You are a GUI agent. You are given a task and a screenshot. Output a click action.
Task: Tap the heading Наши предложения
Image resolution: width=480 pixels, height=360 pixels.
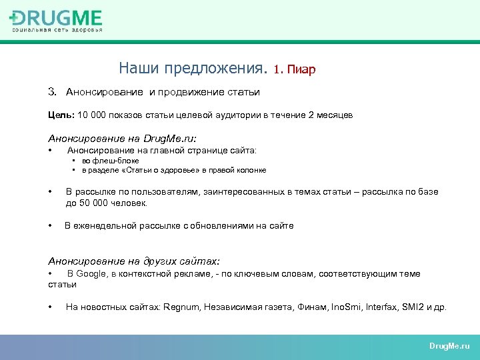tap(193, 68)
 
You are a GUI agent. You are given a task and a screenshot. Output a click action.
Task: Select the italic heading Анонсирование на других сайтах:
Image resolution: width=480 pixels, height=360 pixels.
tap(133, 261)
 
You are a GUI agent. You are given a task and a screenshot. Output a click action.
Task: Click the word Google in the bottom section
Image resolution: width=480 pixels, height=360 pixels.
tap(91, 274)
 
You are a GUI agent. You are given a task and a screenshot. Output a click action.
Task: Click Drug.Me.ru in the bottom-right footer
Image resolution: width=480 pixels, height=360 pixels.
tap(449, 346)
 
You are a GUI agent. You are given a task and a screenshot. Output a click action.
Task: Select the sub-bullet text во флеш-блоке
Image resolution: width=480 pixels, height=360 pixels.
tap(111, 161)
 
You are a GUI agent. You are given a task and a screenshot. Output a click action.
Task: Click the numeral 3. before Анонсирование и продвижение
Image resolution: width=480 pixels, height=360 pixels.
tap(53, 92)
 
